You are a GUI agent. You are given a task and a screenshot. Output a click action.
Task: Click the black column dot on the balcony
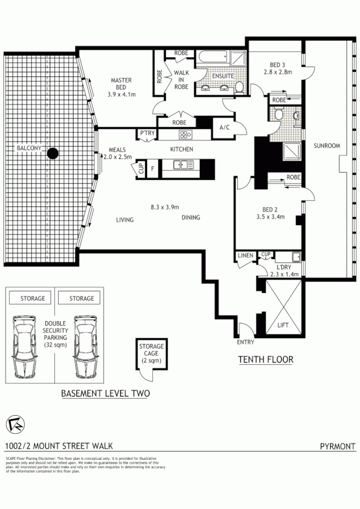pyautogui.click(x=53, y=153)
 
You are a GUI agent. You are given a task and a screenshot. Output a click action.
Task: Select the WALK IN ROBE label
pyautogui.click(x=181, y=80)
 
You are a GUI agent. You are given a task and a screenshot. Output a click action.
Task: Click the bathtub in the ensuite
pyautogui.click(x=213, y=57)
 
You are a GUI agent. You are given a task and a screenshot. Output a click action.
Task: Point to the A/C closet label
pyautogui.click(x=224, y=127)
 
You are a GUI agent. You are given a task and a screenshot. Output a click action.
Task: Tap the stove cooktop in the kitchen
pyautogui.click(x=185, y=135)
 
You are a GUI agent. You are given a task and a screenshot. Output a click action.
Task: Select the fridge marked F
pyautogui.click(x=152, y=168)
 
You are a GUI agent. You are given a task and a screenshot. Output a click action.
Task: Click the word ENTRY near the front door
pyautogui.click(x=246, y=342)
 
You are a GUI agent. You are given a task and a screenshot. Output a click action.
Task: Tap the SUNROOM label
pyautogui.click(x=327, y=146)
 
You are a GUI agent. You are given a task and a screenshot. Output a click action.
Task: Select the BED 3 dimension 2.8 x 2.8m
pyautogui.click(x=277, y=72)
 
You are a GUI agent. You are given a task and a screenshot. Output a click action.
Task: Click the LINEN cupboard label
pyautogui.click(x=246, y=256)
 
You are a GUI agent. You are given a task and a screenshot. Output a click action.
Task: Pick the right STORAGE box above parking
pyautogui.click(x=82, y=298)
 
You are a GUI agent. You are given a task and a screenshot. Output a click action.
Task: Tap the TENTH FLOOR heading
pyautogui.click(x=265, y=359)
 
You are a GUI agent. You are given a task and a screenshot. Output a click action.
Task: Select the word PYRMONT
pyautogui.click(x=337, y=446)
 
